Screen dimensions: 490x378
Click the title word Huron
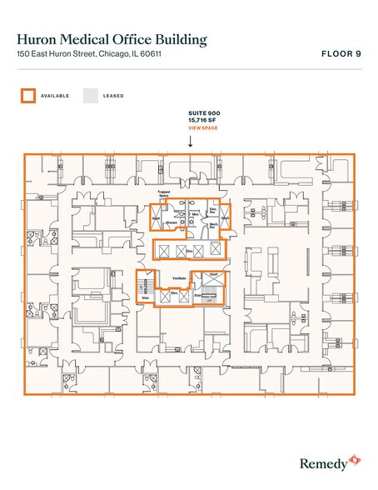point(36,39)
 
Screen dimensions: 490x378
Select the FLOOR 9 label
point(341,54)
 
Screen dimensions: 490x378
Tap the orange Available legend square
point(27,95)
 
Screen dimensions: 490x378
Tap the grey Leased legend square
point(89,95)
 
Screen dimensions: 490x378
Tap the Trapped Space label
point(164,194)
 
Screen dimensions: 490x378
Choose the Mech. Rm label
point(211,225)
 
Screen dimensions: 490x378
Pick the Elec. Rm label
point(213,210)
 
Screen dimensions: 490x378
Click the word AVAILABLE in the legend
point(54,96)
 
